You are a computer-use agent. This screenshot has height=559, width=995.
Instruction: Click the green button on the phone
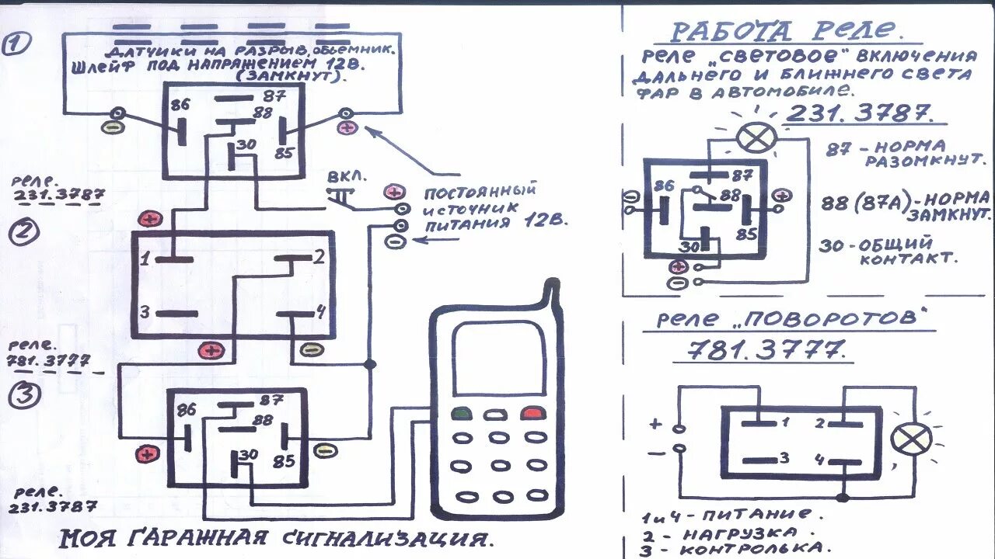(462, 413)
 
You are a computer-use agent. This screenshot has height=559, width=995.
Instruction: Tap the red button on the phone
(532, 413)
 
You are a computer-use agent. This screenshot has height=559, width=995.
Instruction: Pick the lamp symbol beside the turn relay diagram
(911, 439)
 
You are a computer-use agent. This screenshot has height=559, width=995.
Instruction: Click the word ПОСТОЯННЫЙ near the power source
(481, 191)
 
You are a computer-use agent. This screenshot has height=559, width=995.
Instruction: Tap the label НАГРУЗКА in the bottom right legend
(731, 533)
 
